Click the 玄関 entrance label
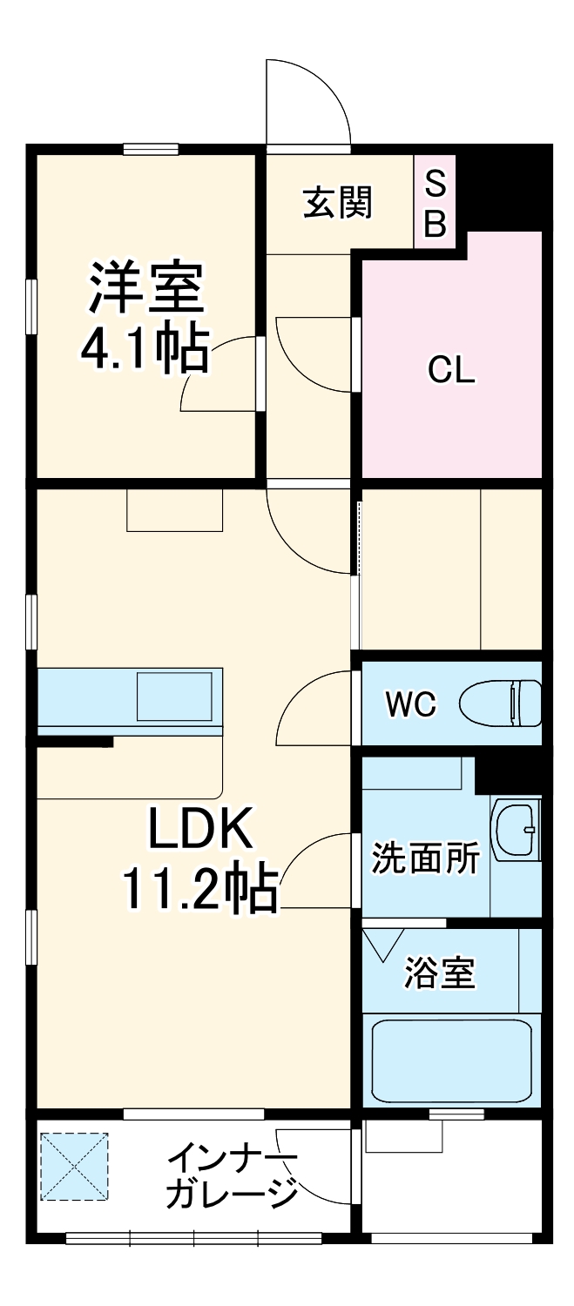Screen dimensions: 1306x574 pyautogui.click(x=338, y=203)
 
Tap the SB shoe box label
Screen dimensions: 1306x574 pyautogui.click(x=435, y=203)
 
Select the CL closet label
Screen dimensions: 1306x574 pyautogui.click(x=451, y=370)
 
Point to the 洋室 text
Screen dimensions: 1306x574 pyautogui.click(x=145, y=288)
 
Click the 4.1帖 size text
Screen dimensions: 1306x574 pyautogui.click(x=145, y=349)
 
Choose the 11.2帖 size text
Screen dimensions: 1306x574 pyautogui.click(x=200, y=889)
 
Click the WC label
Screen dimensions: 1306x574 pyautogui.click(x=411, y=704)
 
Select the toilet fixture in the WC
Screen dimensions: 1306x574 pyautogui.click(x=500, y=703)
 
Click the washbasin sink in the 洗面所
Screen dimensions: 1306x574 pyautogui.click(x=516, y=830)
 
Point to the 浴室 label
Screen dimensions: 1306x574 pyautogui.click(x=440, y=973)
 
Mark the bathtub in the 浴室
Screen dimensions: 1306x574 pyautogui.click(x=450, y=1060)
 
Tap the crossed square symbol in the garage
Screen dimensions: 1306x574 pyautogui.click(x=74, y=1166)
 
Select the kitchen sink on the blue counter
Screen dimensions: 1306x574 pyautogui.click(x=174, y=696)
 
